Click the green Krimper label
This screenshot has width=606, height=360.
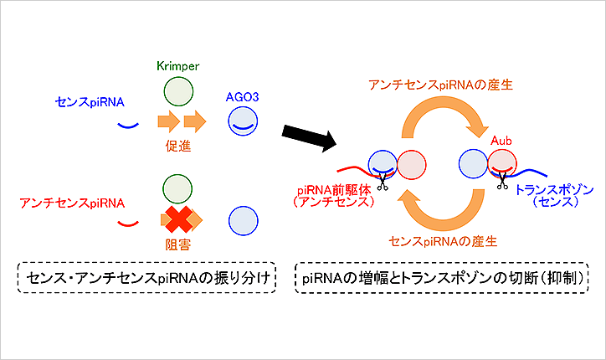click(x=176, y=64)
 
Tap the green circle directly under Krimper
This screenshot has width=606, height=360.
click(x=176, y=90)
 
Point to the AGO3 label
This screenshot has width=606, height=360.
click(x=243, y=98)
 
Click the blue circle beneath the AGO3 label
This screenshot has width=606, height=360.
click(x=243, y=124)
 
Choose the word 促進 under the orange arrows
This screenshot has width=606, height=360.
click(x=176, y=145)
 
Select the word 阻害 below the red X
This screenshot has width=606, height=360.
click(x=176, y=246)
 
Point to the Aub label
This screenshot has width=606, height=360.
click(x=502, y=139)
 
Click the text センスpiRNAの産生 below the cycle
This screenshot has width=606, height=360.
click(x=444, y=240)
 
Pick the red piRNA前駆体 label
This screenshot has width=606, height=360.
click(x=331, y=190)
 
